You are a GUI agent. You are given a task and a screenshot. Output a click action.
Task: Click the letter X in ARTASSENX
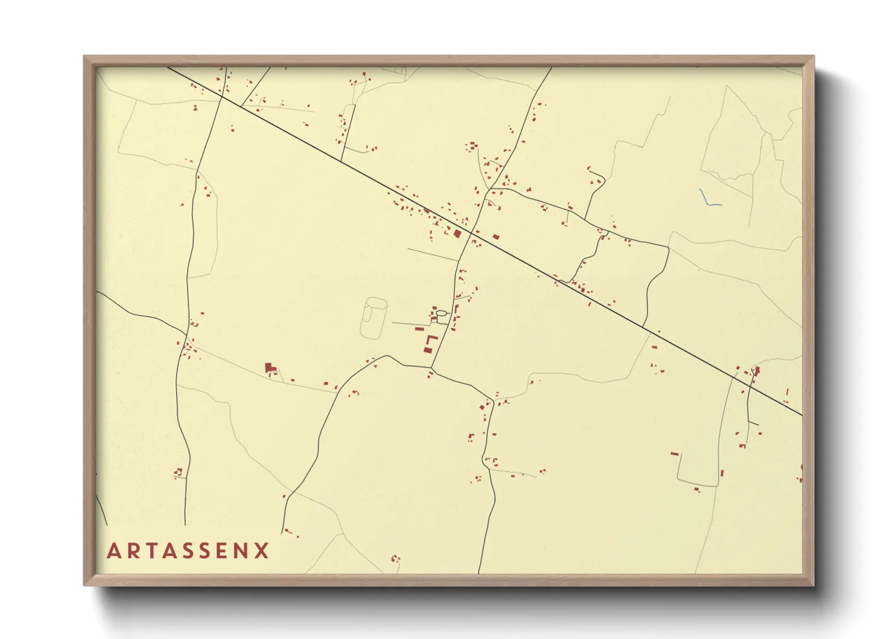click(262, 551)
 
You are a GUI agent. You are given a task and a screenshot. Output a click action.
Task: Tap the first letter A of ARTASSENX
click(113, 551)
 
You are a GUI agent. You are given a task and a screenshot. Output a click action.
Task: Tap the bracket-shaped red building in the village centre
click(430, 344)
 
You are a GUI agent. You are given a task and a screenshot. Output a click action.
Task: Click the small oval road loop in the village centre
click(442, 313)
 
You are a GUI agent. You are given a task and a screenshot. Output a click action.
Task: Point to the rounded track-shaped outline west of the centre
click(374, 318)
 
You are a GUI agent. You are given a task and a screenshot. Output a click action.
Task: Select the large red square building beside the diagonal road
click(457, 233)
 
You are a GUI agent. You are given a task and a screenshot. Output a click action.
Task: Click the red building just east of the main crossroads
click(496, 237)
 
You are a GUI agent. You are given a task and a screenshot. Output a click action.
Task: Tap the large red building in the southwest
click(269, 367)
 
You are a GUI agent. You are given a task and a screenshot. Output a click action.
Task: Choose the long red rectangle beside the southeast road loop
click(675, 453)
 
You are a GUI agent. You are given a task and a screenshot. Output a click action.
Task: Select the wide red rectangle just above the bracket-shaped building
click(419, 329)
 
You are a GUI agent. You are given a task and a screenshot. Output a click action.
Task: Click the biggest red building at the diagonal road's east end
click(757, 370)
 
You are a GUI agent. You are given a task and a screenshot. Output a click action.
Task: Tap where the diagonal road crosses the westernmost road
click(221, 96)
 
